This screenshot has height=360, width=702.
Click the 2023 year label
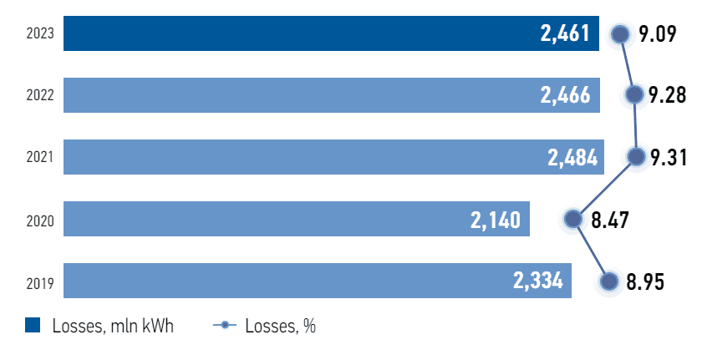(x=40, y=34)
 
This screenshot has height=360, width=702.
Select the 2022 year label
(x=40, y=96)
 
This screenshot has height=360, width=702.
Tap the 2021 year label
(x=40, y=158)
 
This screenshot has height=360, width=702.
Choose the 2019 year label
(x=40, y=282)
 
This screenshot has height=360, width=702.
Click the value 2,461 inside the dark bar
(x=566, y=34)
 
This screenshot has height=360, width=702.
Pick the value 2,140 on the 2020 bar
(x=496, y=220)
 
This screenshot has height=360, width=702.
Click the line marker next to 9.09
(x=619, y=34)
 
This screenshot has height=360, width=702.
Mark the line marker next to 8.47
(x=572, y=219)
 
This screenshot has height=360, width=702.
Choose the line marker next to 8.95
(x=608, y=281)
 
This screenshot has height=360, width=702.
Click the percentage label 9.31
(x=669, y=157)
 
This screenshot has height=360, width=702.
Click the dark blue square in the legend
(x=33, y=326)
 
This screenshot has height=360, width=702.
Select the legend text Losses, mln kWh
(x=112, y=327)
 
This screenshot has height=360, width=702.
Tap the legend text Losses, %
(x=280, y=327)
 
